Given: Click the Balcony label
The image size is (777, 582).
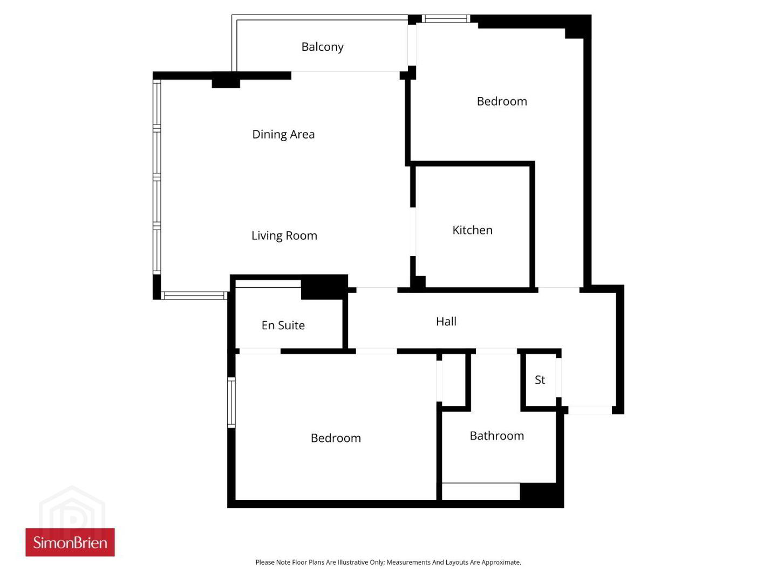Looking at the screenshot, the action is tap(322, 47).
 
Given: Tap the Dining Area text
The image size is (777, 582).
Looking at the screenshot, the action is tap(283, 135).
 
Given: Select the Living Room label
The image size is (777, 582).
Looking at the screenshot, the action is tap(284, 235).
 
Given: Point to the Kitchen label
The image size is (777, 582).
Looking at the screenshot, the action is tap(472, 230).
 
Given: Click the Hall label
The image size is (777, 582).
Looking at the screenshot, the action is tap(446, 321).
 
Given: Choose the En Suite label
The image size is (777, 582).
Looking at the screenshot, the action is tap(283, 325).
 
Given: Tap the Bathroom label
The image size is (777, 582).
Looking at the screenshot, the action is tap(496, 436).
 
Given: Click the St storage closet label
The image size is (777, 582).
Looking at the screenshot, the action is tap(540, 380).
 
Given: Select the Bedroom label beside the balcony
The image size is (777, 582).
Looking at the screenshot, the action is tap(502, 101).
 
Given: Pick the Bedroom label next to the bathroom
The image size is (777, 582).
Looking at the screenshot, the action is tap(336, 438).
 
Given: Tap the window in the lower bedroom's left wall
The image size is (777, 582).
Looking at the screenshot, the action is tap(231, 403).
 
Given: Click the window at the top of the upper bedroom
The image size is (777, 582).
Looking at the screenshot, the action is tap(446, 19).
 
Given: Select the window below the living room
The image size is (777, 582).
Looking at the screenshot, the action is tap(194, 295).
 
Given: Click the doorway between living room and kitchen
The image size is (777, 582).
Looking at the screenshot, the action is tap(413, 232).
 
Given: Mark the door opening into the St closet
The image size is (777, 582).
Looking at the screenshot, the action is tap(558, 377).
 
